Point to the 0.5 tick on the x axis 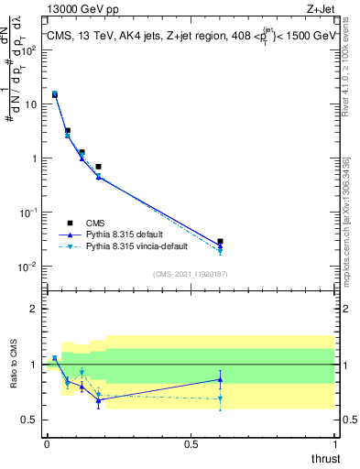pyautogui.click(x=191, y=444)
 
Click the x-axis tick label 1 pyautogui.click(x=334, y=444)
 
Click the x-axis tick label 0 pyautogui.click(x=47, y=444)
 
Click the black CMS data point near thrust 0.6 pyautogui.click(x=220, y=242)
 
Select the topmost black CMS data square pyautogui.click(x=55, y=93)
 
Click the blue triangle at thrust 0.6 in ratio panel pyautogui.click(x=220, y=379)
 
